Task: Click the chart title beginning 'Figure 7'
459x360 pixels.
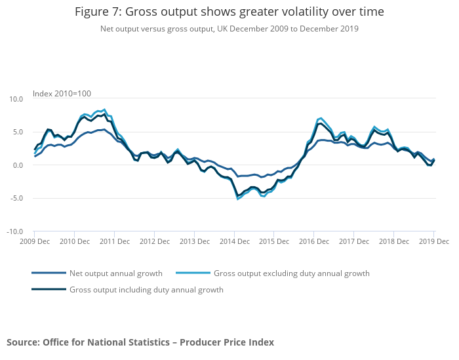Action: pyautogui.click(x=229, y=12)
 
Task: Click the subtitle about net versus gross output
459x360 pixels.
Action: pyautogui.click(x=229, y=29)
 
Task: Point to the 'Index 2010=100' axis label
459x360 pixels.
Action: pyautogui.click(x=62, y=93)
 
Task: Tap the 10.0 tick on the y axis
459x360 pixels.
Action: pyautogui.click(x=16, y=99)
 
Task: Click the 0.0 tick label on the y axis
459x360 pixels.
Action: pyautogui.click(x=18, y=165)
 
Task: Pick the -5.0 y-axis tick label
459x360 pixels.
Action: pyautogui.click(x=16, y=199)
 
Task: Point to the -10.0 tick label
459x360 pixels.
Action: pyautogui.click(x=15, y=232)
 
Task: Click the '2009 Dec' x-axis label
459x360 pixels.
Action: pyautogui.click(x=34, y=242)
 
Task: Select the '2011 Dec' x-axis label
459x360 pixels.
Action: pyautogui.click(x=114, y=242)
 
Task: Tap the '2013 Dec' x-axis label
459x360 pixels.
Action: pyautogui.click(x=194, y=242)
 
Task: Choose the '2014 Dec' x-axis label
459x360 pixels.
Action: pyautogui.click(x=234, y=242)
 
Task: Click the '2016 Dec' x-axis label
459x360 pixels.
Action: pyautogui.click(x=314, y=242)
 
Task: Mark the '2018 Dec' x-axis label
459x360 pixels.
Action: pyautogui.click(x=393, y=242)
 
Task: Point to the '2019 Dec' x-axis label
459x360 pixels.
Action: pyautogui.click(x=433, y=242)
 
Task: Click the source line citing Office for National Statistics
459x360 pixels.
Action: pyautogui.click(x=140, y=342)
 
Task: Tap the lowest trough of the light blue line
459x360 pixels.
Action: pyautogui.click(x=237, y=199)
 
